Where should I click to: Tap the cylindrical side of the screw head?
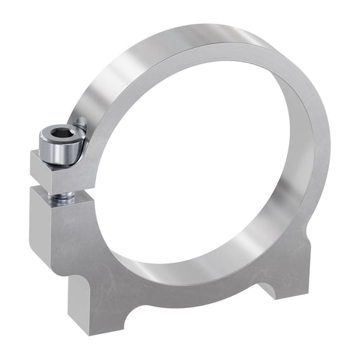coord(59,152)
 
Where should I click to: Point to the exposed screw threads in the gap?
coord(61,197)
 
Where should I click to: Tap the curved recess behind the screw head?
coord(80,128)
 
